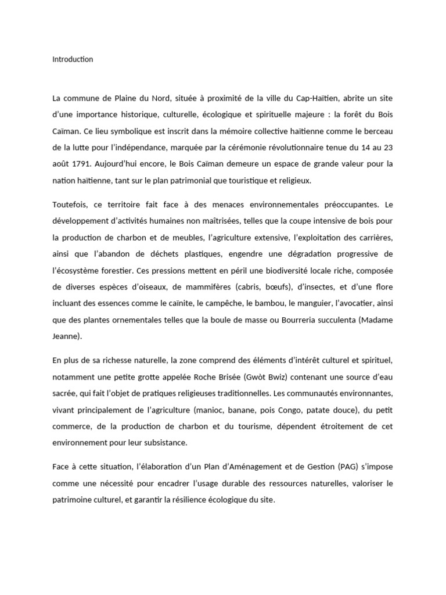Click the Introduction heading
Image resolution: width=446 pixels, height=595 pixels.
[x=73, y=59]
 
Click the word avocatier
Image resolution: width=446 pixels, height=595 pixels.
[x=354, y=303]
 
